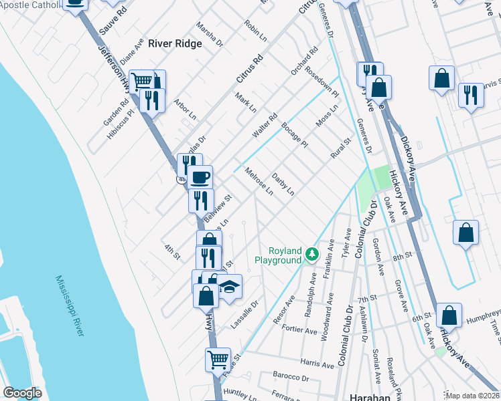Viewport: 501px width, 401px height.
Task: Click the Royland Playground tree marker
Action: (x=311, y=254)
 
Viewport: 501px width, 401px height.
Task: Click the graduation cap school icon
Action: (x=229, y=287)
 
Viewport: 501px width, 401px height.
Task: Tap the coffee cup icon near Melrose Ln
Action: (x=200, y=178)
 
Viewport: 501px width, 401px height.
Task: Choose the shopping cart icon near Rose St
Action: (x=218, y=360)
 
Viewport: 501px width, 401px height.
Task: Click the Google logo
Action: (x=22, y=393)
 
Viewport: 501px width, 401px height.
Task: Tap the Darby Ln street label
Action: (x=283, y=184)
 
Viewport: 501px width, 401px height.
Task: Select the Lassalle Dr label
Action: (x=244, y=313)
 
